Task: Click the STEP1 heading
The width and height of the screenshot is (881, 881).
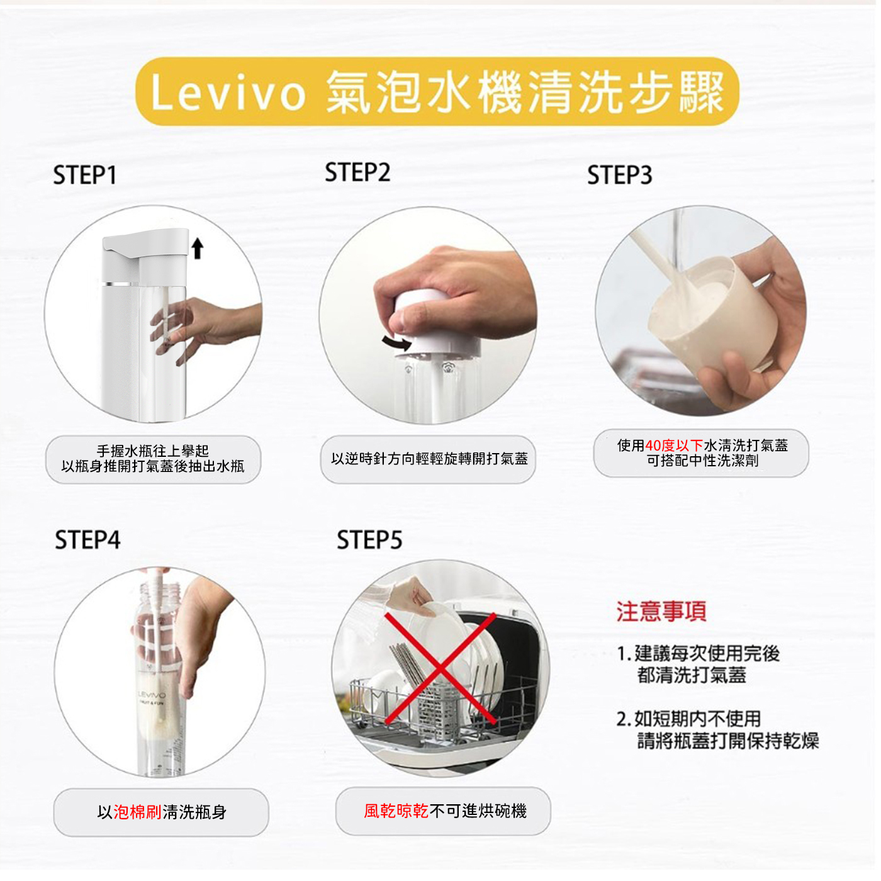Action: (85, 175)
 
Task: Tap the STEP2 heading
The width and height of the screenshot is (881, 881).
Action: (357, 172)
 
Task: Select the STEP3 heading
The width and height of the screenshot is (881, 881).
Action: (620, 175)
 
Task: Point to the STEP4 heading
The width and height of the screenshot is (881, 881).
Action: (87, 540)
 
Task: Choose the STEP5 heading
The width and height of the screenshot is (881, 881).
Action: (369, 540)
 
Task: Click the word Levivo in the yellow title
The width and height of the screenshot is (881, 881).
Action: (228, 93)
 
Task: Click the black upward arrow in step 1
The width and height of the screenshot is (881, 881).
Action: (198, 248)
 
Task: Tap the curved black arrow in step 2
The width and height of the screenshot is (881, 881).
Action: (397, 342)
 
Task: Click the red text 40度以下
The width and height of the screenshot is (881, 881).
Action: (674, 446)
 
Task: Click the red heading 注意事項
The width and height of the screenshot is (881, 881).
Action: (661, 612)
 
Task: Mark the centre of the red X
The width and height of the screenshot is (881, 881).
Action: (440, 669)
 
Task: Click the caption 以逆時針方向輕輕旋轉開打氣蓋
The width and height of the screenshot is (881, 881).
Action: (429, 459)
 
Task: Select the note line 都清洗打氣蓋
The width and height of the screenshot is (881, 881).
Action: (692, 675)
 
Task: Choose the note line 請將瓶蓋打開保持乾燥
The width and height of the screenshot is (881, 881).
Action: (728, 741)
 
